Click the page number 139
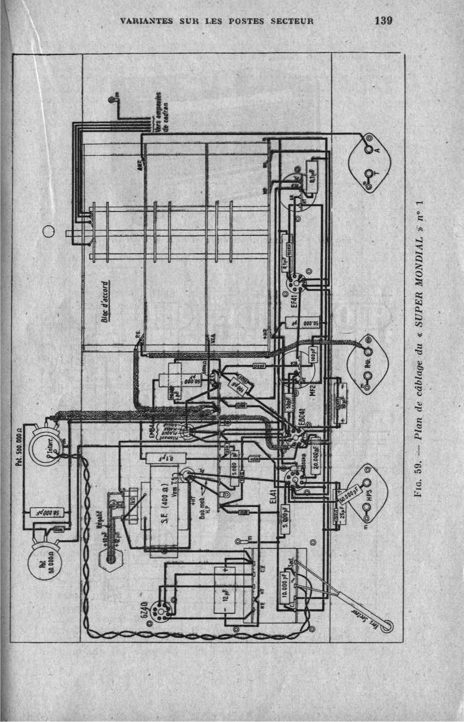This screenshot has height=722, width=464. (383, 21)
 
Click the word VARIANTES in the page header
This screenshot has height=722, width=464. (146, 21)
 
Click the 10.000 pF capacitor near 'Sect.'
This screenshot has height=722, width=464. (290, 582)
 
